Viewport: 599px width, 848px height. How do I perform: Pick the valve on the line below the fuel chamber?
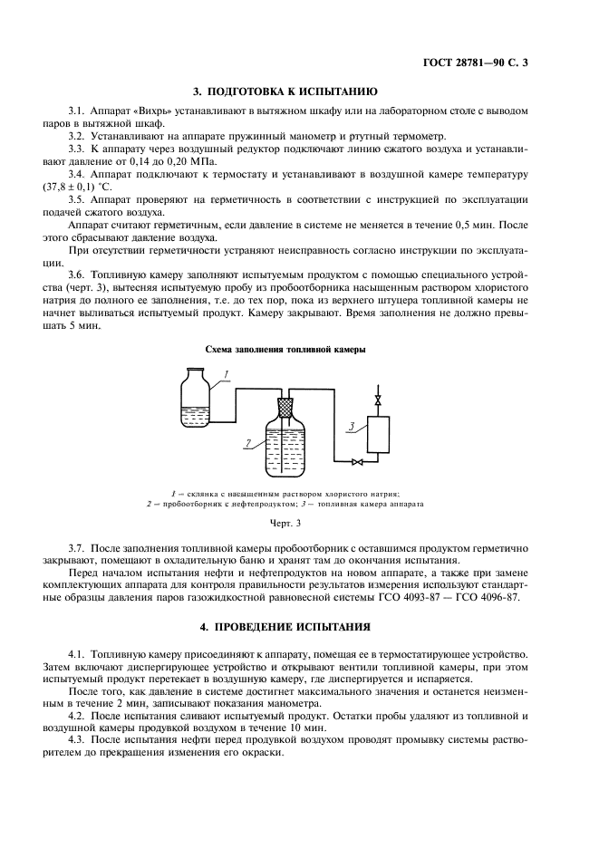(x=357, y=462)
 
